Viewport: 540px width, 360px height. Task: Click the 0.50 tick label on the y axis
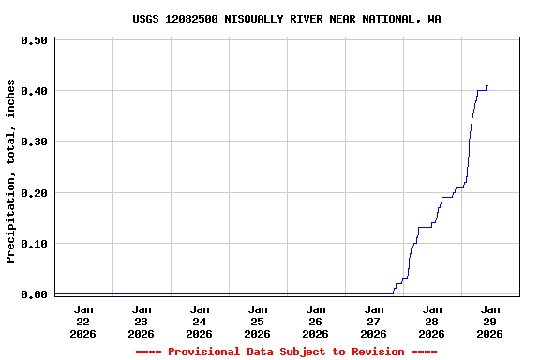coord(34,40)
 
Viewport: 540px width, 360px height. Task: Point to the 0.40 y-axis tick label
coord(34,91)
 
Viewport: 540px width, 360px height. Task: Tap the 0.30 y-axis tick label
coord(34,142)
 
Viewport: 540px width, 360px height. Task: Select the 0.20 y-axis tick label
coord(34,193)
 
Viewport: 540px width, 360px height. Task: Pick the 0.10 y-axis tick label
coord(34,244)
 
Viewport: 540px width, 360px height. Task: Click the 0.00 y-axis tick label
coord(34,294)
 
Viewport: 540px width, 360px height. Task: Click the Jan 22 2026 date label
coord(83,321)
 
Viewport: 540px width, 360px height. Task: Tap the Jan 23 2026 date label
coord(142,321)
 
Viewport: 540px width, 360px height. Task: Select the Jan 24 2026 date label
coord(200,321)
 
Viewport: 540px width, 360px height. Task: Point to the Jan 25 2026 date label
coord(258,321)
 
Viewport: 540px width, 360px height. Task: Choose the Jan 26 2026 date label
coord(316,321)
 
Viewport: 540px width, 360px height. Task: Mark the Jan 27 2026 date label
coord(374,321)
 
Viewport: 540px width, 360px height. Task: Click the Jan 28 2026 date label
coord(432,321)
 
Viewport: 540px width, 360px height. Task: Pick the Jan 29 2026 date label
coord(490,321)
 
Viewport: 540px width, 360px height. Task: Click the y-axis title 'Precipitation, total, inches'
coord(11,171)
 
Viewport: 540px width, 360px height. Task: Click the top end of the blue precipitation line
coord(487,86)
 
